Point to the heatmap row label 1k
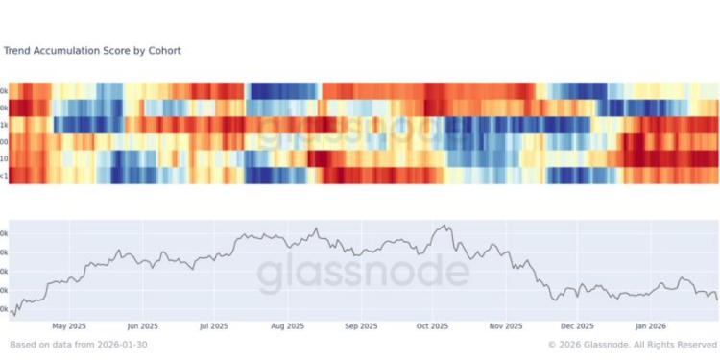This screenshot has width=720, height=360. click(5, 125)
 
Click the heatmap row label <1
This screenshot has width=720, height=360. click(5, 175)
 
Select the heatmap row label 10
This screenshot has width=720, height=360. click(5, 158)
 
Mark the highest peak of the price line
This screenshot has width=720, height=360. click(443, 227)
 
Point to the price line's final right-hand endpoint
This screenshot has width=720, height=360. click(717, 300)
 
